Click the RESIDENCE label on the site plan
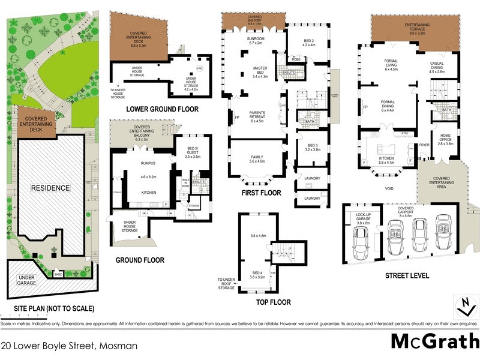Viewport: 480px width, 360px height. point(52,188)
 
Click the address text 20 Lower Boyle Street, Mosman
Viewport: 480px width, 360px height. point(69,346)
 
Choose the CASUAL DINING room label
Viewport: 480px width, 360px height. point(445,67)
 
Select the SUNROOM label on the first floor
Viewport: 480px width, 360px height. point(256,40)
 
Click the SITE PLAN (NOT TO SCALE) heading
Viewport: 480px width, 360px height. point(54,308)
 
